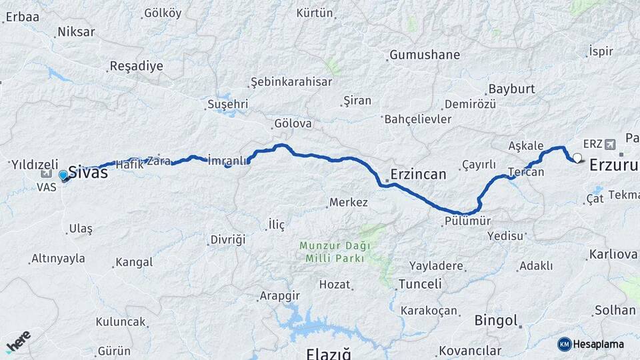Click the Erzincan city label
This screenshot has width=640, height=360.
tap(419, 175)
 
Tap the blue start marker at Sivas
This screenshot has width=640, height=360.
tap(63, 175)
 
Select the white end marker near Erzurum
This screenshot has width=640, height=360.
tap(577, 159)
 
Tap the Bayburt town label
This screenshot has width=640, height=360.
tap(512, 89)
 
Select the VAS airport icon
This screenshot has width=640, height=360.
tap(46, 173)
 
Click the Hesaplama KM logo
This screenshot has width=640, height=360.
tap(591, 344)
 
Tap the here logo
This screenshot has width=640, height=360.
tap(18, 341)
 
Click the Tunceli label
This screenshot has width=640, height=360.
tap(420, 284)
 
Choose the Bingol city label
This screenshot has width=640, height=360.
tap(497, 321)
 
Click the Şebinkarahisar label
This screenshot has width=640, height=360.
tap(291, 82)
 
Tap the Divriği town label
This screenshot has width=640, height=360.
tap(228, 239)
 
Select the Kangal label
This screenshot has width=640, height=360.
tap(134, 262)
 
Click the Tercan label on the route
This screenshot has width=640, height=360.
tap(526, 172)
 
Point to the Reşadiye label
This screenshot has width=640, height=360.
tap(136, 66)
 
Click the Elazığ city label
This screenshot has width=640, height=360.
tap(328, 353)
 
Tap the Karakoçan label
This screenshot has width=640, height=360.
tap(429, 311)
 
